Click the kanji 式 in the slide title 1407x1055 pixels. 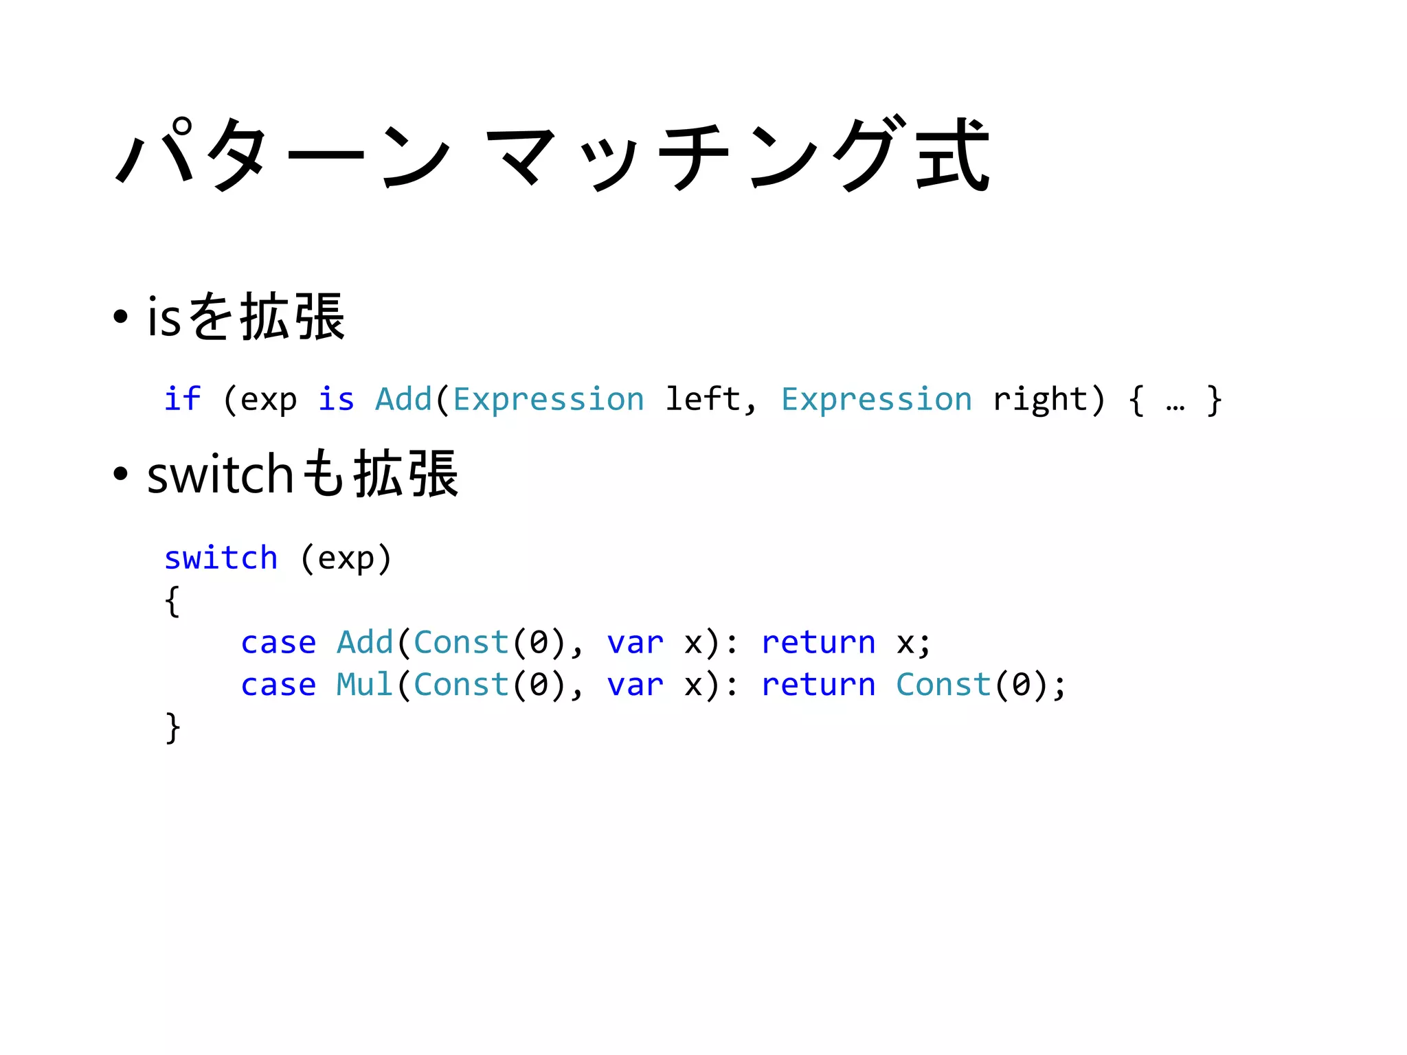[x=952, y=155]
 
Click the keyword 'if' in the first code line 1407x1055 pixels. [x=182, y=399]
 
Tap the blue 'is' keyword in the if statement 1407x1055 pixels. [x=336, y=399]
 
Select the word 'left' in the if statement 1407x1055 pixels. [x=703, y=399]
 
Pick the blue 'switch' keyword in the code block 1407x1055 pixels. [x=221, y=558]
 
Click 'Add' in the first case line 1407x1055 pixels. [x=365, y=643]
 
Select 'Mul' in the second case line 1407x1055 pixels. [x=365, y=685]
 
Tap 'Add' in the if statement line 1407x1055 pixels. [x=403, y=399]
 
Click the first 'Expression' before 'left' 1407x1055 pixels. [x=548, y=399]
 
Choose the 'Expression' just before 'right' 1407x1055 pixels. [x=876, y=399]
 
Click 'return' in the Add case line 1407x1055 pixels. [x=818, y=643]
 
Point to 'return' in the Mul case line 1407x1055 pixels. [x=818, y=685]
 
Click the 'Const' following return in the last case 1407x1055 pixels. [x=943, y=685]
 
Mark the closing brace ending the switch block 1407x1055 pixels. [x=172, y=727]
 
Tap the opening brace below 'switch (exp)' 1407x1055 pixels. [x=172, y=601]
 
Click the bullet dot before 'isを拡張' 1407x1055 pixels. [x=121, y=317]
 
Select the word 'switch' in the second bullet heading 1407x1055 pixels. [x=220, y=474]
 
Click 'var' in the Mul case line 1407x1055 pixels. [x=635, y=685]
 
